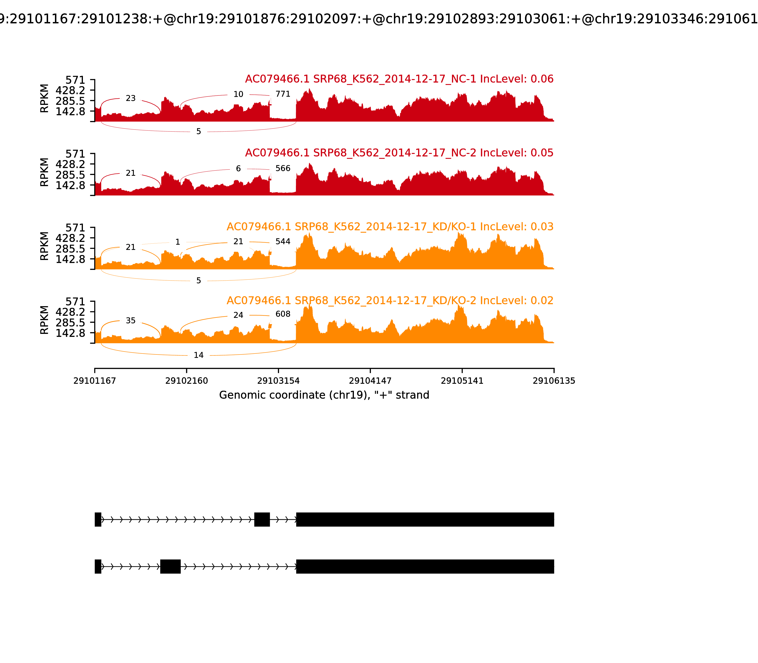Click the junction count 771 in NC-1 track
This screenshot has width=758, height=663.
pyautogui.click(x=283, y=94)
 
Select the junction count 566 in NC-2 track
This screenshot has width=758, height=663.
pyautogui.click(x=283, y=168)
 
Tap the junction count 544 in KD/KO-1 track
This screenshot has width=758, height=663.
pyautogui.click(x=283, y=242)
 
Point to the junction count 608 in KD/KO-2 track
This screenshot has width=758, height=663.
pyautogui.click(x=283, y=314)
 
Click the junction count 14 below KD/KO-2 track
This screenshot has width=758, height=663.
pyautogui.click(x=199, y=355)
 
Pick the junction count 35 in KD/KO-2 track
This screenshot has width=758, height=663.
pyautogui.click(x=131, y=321)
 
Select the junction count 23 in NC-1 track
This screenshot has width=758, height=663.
pyautogui.click(x=131, y=99)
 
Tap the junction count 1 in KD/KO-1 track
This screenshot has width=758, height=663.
pyautogui.click(x=178, y=242)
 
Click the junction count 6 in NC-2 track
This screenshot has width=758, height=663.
pyautogui.click(x=238, y=169)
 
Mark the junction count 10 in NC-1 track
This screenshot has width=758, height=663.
pyautogui.click(x=238, y=94)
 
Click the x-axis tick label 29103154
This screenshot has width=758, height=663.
pyautogui.click(x=278, y=381)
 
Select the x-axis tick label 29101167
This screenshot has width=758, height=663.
pyautogui.click(x=95, y=381)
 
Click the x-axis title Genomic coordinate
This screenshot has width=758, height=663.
pyautogui.click(x=324, y=395)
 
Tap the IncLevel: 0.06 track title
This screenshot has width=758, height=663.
pyautogui.click(x=399, y=79)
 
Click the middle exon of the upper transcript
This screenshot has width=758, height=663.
pyautogui.click(x=262, y=520)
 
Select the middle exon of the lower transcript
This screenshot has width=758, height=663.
pyautogui.click(x=170, y=566)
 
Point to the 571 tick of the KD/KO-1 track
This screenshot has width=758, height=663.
pyautogui.click(x=75, y=228)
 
